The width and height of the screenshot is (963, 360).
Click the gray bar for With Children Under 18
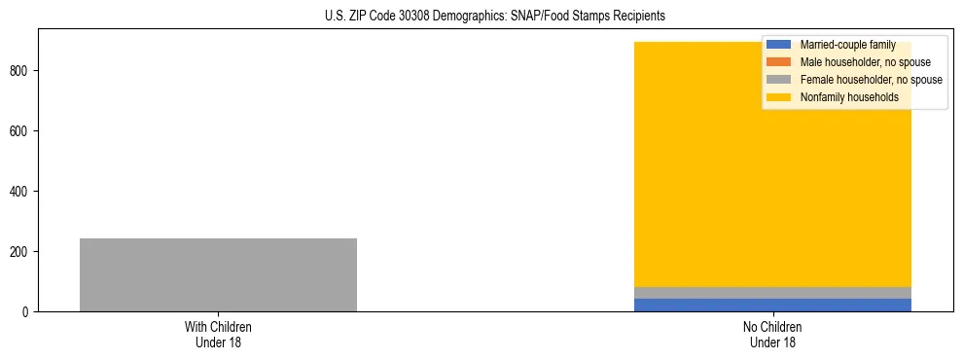(218, 274)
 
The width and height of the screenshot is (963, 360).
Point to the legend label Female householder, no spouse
(871, 80)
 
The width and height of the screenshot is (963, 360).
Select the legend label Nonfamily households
(849, 97)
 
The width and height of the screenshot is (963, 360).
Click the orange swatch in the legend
(780, 62)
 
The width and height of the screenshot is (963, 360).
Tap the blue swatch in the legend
(780, 45)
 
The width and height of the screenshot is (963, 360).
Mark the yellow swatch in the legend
(780, 97)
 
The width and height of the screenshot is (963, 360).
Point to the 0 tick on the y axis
(28, 312)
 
